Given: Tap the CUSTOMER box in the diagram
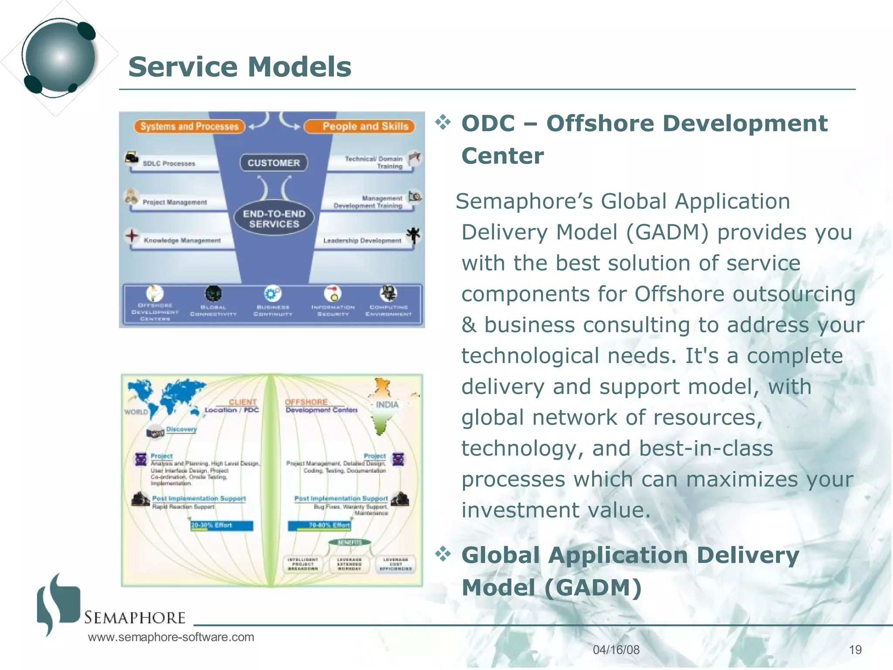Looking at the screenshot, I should pos(274,163).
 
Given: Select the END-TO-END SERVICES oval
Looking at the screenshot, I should pos(274,219).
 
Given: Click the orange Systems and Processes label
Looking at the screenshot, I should pos(189,126).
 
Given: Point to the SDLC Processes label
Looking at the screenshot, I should pos(169,164).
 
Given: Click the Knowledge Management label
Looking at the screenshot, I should pos(182,240).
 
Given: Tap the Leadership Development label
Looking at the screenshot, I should pos(362,240).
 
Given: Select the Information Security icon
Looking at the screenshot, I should pos(333,294).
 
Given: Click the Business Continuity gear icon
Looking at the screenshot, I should pos(273,294).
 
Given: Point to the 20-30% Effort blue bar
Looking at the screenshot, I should pos(222,526).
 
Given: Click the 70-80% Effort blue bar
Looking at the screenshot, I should pos(319,526).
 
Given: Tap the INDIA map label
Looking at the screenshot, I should pos(387,405).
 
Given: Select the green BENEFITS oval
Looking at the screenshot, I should pos(350,542).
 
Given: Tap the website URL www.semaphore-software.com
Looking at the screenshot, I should pos(171,637).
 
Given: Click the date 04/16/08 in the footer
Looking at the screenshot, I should pos(616,649).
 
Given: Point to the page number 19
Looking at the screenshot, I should pos(855,649).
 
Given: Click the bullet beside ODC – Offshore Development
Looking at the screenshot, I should pos(443,123).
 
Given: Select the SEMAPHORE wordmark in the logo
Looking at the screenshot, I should pos(135,618).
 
